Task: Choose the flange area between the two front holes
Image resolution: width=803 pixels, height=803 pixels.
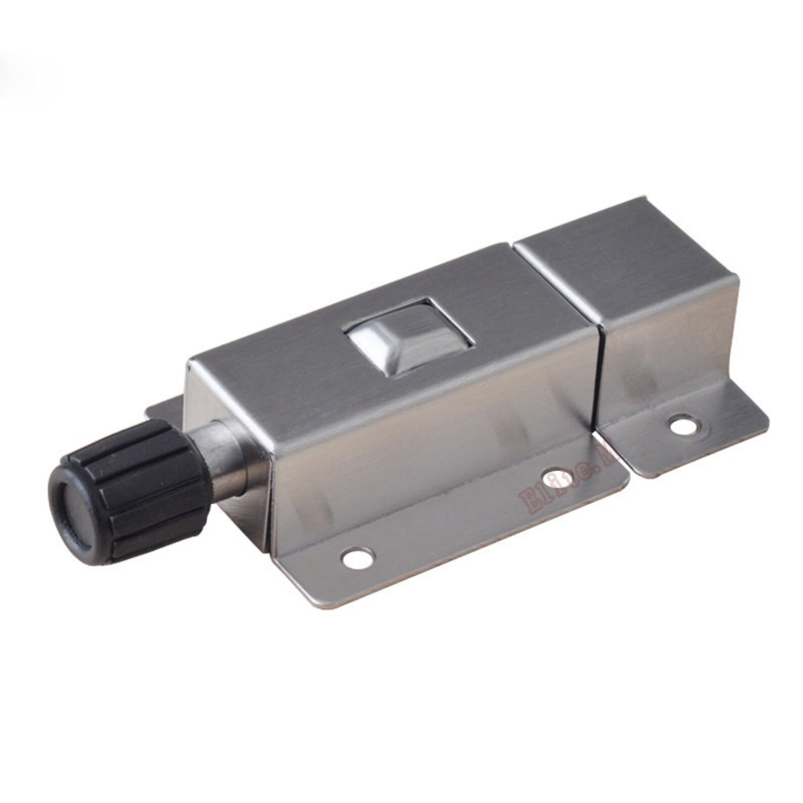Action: click(x=455, y=521)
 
